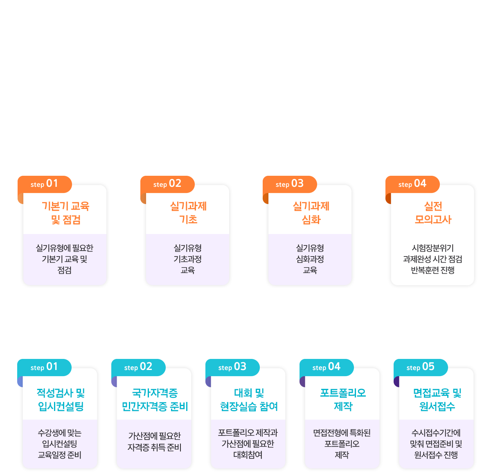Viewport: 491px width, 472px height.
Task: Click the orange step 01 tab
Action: point(45,184)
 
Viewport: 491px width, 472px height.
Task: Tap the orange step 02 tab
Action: point(167,184)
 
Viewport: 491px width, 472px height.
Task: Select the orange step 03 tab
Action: point(290,184)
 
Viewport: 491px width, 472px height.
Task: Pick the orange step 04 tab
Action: point(412,184)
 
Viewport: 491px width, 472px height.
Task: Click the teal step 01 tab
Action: point(44,367)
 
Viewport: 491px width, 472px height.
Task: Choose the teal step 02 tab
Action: point(138,367)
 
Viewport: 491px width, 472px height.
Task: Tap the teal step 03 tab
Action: point(232,367)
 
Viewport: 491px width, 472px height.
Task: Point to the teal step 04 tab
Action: point(327,367)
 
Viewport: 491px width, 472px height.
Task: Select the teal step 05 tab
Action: point(421,367)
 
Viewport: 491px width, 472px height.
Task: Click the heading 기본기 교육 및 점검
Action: point(65,213)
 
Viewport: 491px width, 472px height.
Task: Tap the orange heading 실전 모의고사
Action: point(433,213)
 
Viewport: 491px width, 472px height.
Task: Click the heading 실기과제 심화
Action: point(311,213)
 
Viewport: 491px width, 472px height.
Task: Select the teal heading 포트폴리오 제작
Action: point(343,400)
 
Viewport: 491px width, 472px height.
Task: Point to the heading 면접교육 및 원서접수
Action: point(437,400)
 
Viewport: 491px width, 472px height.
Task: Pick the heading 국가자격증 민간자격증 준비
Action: point(155,400)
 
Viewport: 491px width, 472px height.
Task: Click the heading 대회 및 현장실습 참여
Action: point(249,400)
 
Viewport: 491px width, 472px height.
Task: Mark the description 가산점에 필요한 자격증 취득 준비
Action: point(154,442)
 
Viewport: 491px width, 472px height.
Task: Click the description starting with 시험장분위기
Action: point(432,259)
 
